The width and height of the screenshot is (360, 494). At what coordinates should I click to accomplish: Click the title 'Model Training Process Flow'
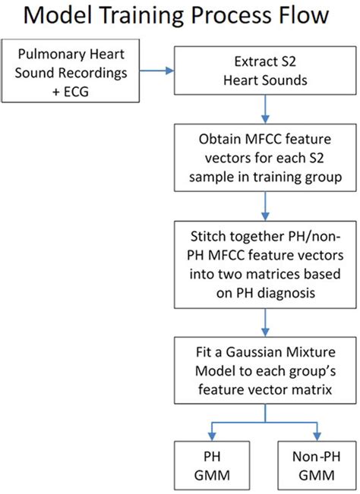pyautogui.click(x=180, y=17)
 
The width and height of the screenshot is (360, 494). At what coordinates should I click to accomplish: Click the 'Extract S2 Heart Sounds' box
pyautogui.click(x=264, y=74)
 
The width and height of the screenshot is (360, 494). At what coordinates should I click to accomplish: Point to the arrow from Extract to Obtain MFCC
pyautogui.click(x=264, y=115)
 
